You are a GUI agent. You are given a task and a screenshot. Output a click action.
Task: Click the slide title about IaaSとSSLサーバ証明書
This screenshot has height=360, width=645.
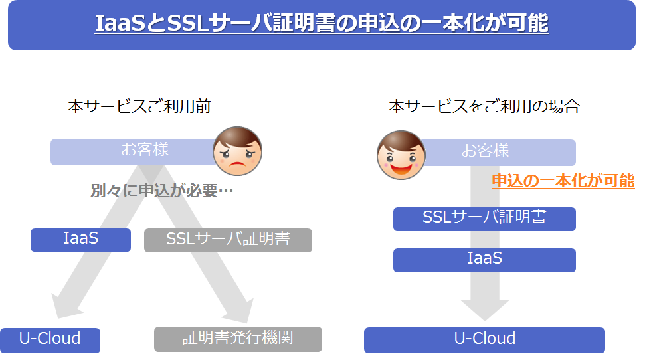tap(322, 23)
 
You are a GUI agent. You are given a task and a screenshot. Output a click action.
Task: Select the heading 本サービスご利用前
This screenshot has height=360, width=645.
tap(139, 106)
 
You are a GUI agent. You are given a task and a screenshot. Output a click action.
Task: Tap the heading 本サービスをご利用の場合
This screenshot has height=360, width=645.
tap(484, 106)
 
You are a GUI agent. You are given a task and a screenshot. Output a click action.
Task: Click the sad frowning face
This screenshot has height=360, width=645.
tap(237, 151)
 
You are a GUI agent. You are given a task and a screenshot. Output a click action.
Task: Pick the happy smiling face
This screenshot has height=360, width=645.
tap(401, 155)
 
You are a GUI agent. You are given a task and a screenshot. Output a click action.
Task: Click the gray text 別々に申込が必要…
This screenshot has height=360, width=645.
tap(161, 191)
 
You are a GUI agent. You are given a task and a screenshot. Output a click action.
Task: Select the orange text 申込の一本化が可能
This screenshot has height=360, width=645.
tap(563, 181)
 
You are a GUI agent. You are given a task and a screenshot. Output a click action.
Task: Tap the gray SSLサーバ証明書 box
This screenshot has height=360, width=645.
tap(228, 240)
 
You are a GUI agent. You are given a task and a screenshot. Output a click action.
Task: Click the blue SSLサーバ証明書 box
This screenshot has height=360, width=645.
tap(484, 219)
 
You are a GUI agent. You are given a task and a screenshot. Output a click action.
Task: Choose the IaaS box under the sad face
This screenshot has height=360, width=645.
tap(80, 240)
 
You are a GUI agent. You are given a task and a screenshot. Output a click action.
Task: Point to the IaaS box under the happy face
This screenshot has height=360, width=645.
tap(484, 260)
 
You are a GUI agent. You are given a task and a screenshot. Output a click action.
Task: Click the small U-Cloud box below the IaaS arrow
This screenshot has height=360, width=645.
tap(50, 340)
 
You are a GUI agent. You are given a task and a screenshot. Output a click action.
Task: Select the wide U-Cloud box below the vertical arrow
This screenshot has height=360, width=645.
tap(484, 340)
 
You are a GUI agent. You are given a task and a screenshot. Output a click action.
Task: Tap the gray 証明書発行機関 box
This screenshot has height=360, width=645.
tap(238, 339)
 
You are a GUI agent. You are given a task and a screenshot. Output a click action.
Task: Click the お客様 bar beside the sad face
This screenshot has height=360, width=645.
tap(134, 152)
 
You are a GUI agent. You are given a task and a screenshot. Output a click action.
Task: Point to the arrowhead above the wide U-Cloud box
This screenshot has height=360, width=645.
tap(485, 310)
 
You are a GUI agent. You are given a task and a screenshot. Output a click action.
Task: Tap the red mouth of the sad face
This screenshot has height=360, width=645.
tap(237, 166)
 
